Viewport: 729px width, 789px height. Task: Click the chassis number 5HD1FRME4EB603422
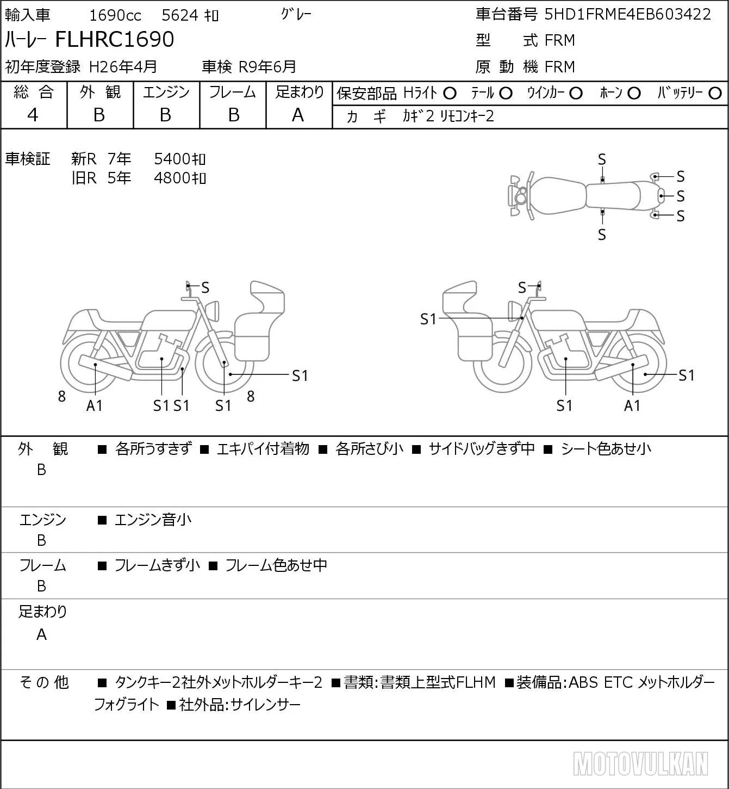point(627,14)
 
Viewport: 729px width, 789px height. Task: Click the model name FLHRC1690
point(115,39)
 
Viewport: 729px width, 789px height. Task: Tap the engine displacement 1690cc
point(115,15)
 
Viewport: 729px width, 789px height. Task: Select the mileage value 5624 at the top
point(180,15)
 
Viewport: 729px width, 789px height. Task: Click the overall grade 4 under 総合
point(33,115)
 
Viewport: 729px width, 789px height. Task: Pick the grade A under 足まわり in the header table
point(298,115)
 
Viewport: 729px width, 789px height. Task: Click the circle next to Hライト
point(450,94)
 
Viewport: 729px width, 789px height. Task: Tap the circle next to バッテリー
point(715,94)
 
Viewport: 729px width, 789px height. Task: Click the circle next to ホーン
point(634,94)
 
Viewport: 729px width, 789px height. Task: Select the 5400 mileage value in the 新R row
point(172,159)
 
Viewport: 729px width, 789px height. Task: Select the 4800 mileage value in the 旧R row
point(172,178)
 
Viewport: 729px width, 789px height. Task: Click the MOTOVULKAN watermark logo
point(640,763)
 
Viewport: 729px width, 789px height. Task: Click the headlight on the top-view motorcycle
point(520,195)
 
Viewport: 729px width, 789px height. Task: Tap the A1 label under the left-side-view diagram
point(95,405)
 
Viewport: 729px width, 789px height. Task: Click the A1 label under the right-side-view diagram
point(632,405)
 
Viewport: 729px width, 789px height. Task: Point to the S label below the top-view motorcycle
point(602,235)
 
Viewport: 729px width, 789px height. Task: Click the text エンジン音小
point(153,520)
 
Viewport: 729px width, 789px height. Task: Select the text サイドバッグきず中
point(482,449)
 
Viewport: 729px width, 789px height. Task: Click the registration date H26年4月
point(123,67)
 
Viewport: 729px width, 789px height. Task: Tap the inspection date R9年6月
point(267,67)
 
